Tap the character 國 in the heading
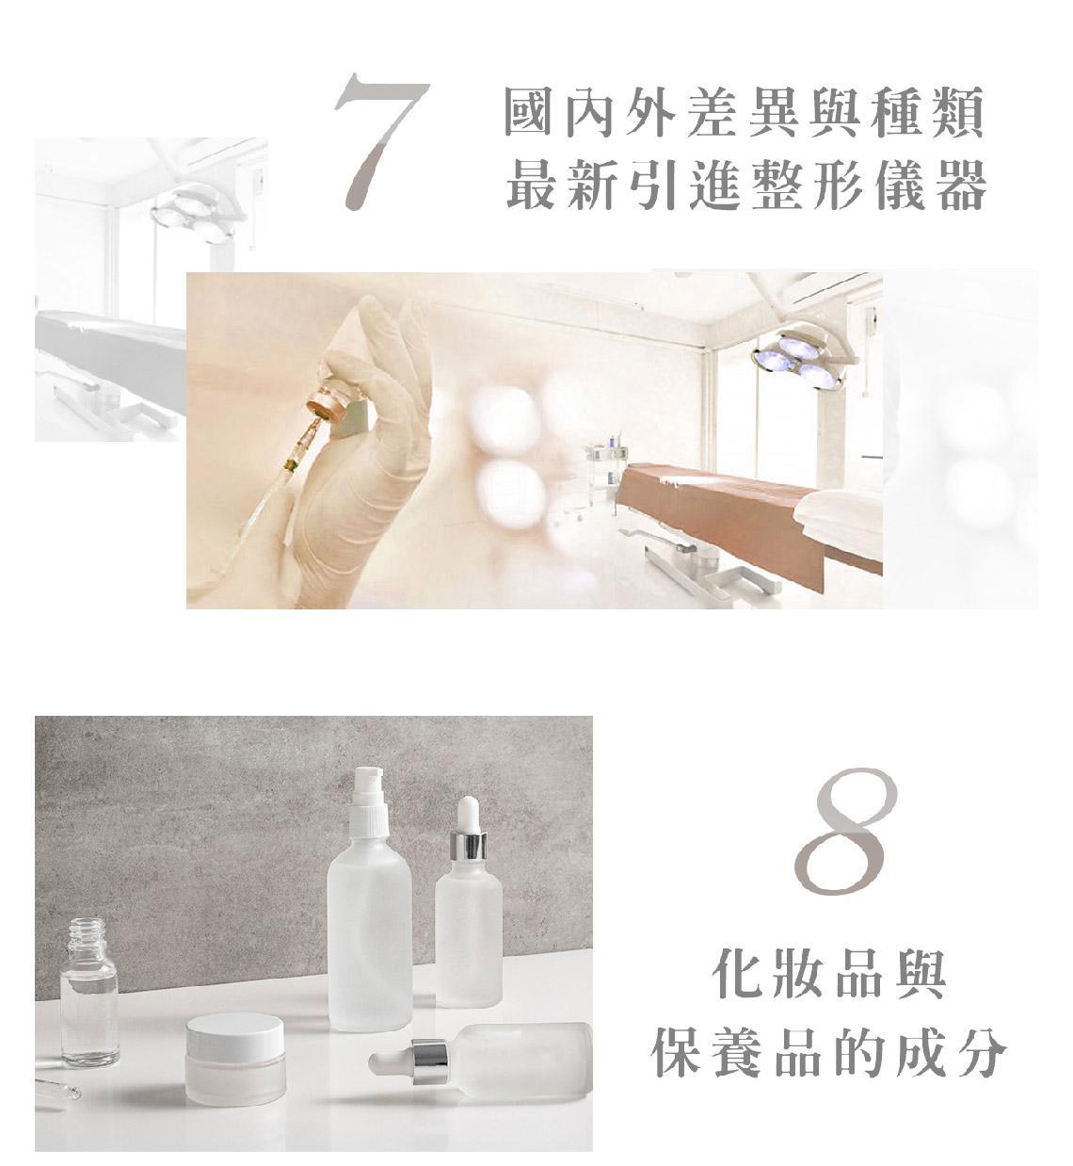[527, 111]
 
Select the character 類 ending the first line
[960, 111]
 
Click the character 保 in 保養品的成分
[675, 1051]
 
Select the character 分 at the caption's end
[982, 1051]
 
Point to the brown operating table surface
[749, 512]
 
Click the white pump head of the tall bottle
[368, 796]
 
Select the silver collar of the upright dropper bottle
[468, 847]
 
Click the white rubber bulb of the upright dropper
[468, 815]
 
